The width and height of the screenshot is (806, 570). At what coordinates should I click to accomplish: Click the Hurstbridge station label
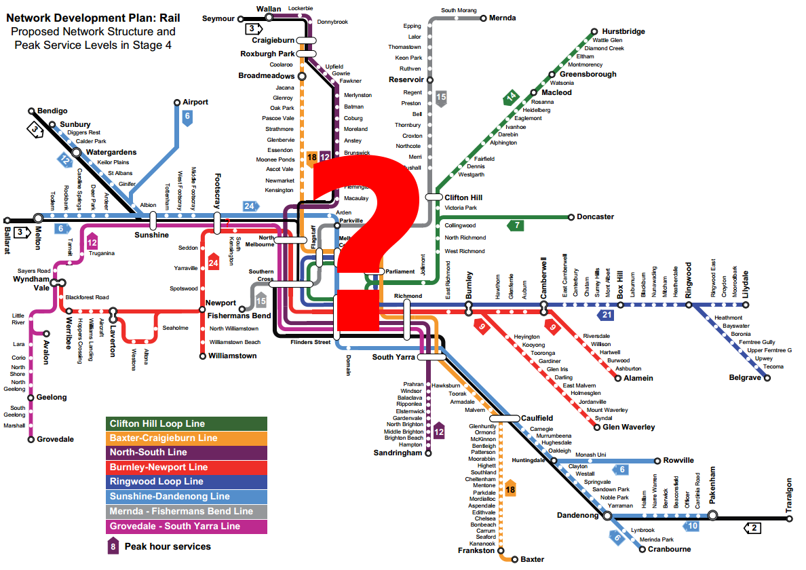click(622, 31)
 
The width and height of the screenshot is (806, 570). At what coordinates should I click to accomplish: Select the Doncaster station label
click(595, 217)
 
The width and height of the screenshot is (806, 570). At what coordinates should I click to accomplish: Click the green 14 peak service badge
click(510, 97)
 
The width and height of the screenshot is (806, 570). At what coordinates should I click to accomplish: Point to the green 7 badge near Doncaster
click(516, 225)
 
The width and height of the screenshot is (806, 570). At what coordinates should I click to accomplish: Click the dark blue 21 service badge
click(605, 316)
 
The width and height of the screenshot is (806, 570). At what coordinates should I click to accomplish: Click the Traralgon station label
click(789, 496)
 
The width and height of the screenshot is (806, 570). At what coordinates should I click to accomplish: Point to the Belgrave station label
click(744, 377)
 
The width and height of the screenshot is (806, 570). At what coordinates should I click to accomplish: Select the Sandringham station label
click(398, 453)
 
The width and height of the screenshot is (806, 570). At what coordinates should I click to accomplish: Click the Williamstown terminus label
click(233, 356)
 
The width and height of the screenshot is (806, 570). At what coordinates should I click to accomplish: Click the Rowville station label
click(678, 460)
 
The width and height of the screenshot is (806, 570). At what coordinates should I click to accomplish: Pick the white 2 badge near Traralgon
click(753, 527)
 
